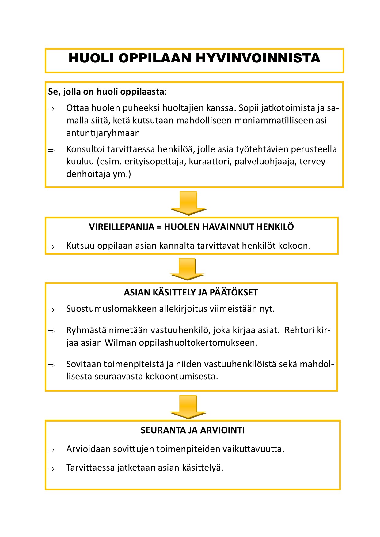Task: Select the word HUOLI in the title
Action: click(91, 58)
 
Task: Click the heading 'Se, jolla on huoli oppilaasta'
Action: click(106, 92)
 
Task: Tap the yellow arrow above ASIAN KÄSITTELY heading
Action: click(187, 268)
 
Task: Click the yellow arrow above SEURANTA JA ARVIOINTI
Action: click(188, 406)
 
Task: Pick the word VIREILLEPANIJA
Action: click(122, 227)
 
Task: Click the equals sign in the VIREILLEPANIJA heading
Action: click(159, 227)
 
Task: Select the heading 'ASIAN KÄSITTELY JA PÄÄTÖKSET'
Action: click(191, 292)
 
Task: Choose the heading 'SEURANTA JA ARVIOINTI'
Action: click(192, 430)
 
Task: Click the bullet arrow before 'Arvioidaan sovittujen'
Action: click(51, 450)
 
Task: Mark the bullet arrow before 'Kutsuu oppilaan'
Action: click(51, 247)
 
